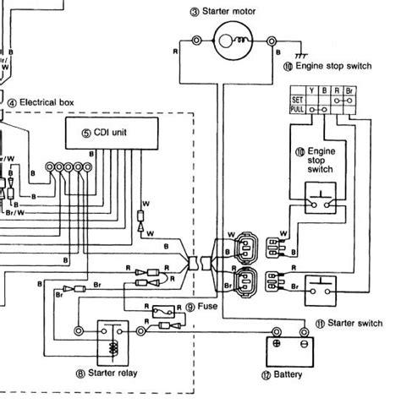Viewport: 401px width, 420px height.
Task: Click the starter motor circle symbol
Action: coord(231,39)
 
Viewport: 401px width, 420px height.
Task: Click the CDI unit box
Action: coord(113,131)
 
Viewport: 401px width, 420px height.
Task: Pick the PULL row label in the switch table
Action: coord(297,109)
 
